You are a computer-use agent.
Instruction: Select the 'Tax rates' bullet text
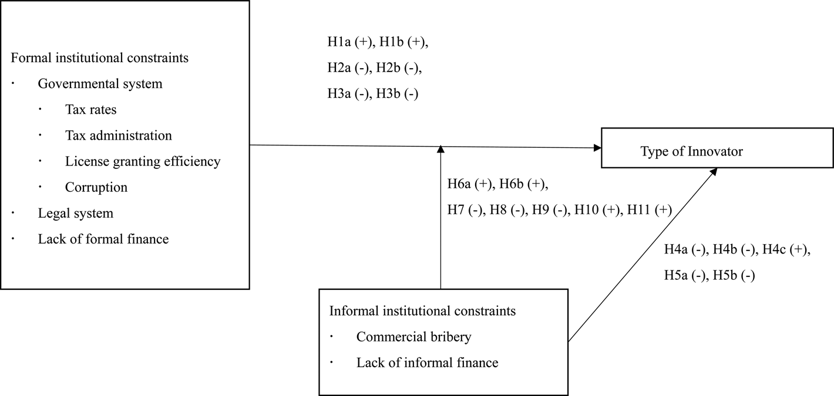91,110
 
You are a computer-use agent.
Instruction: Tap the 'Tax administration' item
119,136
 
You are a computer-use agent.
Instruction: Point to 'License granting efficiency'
143,161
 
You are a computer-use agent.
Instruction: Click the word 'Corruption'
96,187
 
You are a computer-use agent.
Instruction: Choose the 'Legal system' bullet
76,213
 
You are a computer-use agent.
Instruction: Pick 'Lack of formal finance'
103,239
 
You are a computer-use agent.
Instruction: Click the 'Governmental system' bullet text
100,84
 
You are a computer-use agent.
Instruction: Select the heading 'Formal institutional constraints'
99,57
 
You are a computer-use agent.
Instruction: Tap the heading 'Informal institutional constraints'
422,310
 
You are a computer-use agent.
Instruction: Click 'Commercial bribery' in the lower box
413,337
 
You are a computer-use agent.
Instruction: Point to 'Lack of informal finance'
427,363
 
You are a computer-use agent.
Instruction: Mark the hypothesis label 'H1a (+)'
350,42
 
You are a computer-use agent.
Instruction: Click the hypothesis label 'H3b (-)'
397,93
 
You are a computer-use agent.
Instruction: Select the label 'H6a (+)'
470,184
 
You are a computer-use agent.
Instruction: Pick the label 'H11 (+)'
650,209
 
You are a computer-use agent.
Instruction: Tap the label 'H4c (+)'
785,249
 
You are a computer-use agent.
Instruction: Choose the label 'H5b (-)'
734,275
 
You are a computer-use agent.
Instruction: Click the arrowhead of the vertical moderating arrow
441,149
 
